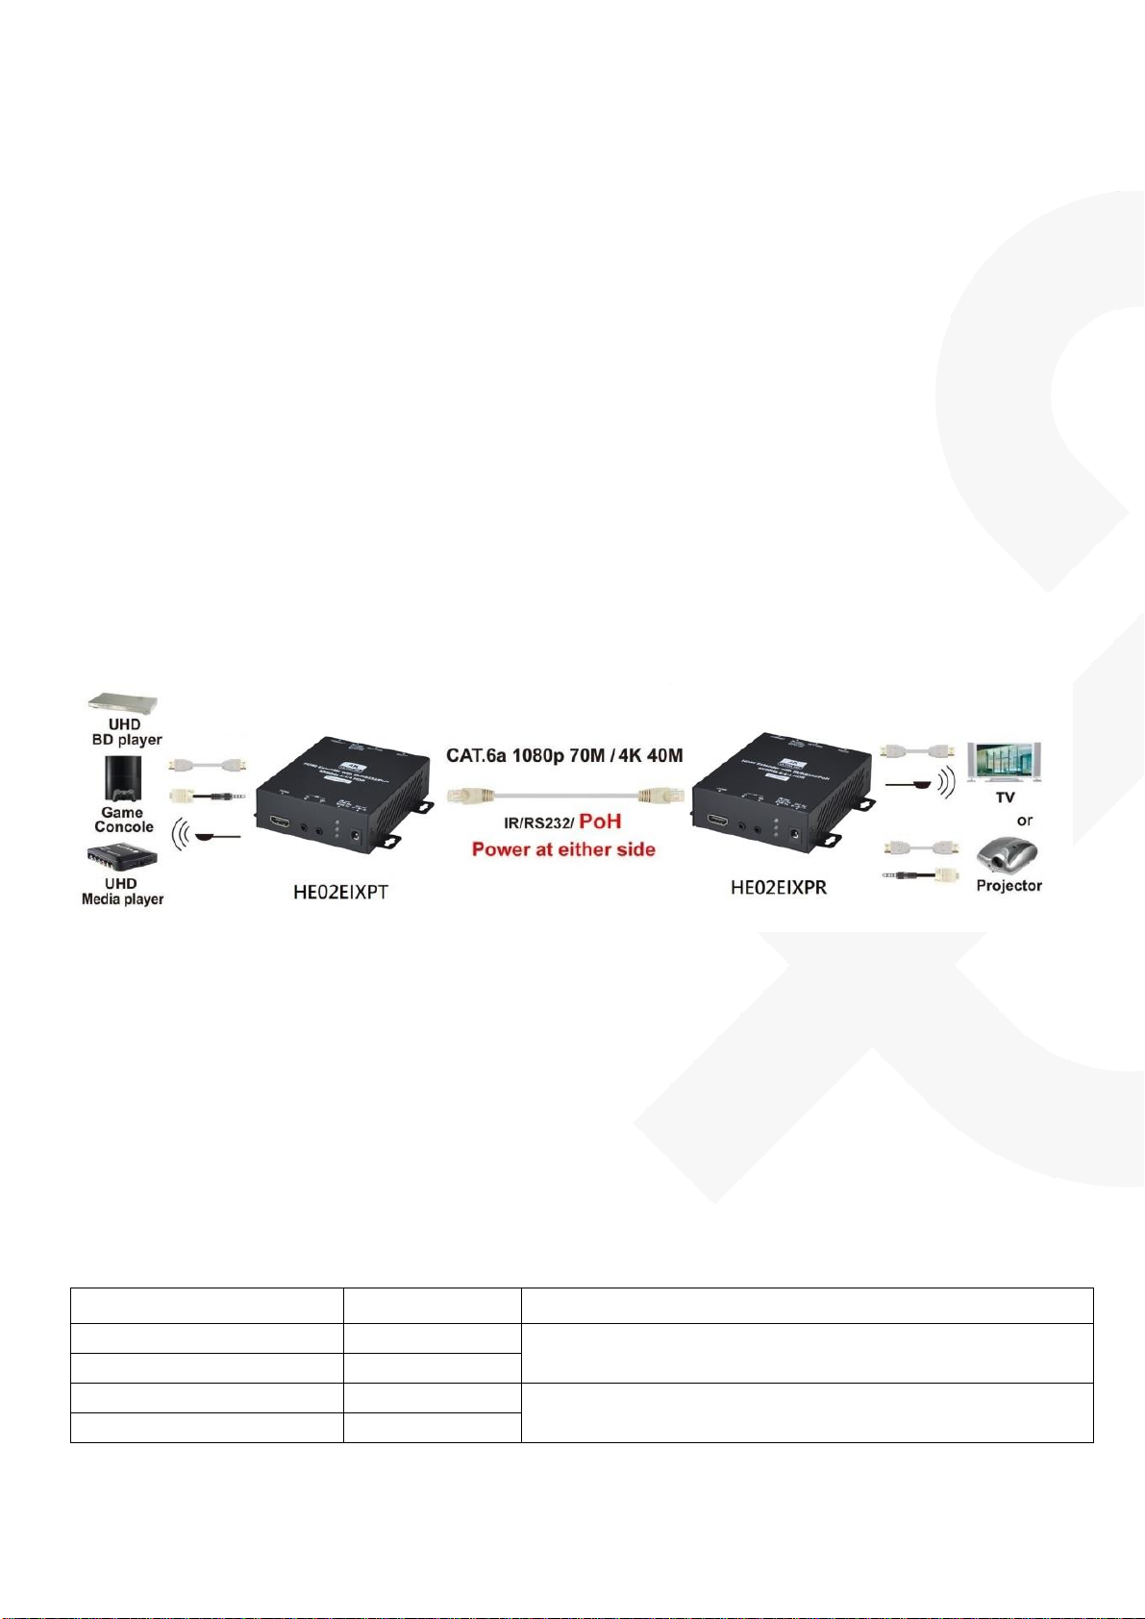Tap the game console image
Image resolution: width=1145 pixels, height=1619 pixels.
click(122, 779)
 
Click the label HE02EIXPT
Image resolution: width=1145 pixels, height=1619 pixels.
click(341, 893)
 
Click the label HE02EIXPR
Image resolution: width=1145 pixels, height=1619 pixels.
click(779, 886)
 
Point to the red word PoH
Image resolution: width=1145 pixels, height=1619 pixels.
click(601, 822)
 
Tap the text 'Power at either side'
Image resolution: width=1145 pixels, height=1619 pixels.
click(563, 849)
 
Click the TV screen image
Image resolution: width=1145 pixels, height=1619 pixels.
click(1005, 764)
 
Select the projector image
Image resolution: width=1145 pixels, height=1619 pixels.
click(1008, 854)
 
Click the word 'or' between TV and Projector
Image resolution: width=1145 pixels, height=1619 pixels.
click(1025, 821)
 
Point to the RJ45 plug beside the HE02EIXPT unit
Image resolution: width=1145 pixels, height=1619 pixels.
click(466, 796)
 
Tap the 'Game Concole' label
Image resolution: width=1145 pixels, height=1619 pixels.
click(123, 820)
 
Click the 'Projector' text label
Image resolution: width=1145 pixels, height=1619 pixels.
click(1008, 886)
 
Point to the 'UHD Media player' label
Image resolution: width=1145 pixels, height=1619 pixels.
click(122, 892)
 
